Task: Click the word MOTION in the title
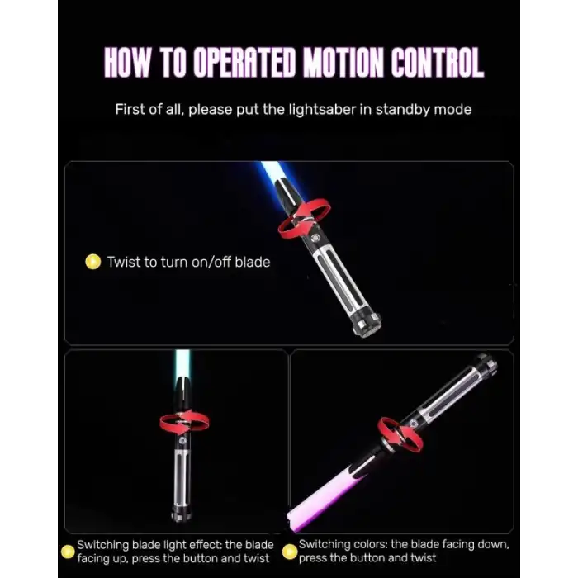[x=343, y=62]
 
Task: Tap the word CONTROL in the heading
[x=438, y=62]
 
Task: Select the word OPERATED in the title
[x=244, y=62]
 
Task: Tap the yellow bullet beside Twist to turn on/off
[x=92, y=262]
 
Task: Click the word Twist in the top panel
[x=124, y=262]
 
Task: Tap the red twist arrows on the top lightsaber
[x=304, y=218]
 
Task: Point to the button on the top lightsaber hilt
[x=315, y=239]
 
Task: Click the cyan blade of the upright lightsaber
[x=182, y=366]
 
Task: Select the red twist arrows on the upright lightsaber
[x=184, y=423]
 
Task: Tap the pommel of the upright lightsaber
[x=182, y=513]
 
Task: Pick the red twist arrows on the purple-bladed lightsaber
[x=400, y=436]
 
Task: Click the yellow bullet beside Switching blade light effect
[x=68, y=552]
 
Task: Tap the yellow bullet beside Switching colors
[x=289, y=552]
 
